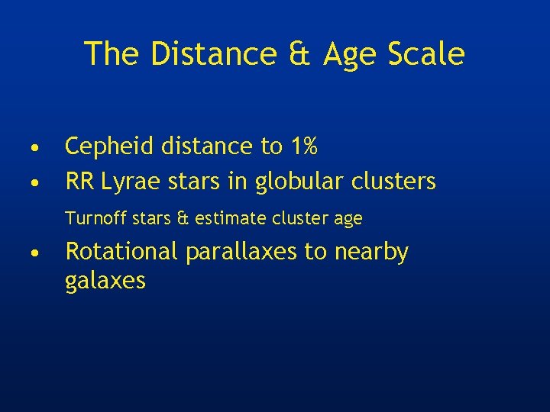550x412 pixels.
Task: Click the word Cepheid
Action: pyautogui.click(x=104, y=146)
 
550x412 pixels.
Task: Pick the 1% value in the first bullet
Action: pyautogui.click(x=299, y=145)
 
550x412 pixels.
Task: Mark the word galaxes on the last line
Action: pyautogui.click(x=105, y=282)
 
